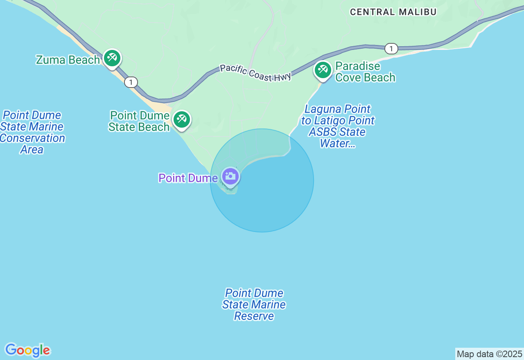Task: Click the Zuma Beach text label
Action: pos(68,60)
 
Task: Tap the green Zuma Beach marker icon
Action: pos(112,58)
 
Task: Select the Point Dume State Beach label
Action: pos(139,121)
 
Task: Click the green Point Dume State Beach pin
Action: pos(181,120)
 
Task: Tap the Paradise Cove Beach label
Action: pos(365,72)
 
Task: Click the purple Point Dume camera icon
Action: pos(230,177)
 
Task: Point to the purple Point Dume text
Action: pos(188,178)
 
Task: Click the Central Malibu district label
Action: pos(393,12)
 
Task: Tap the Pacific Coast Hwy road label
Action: pos(255,72)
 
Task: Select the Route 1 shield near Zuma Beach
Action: pos(131,82)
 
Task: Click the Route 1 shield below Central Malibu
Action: pos(391,49)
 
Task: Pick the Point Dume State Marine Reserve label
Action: pos(254,304)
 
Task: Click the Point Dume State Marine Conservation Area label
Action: pos(32,132)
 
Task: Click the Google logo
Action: pos(27,350)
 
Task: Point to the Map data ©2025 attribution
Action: pos(489,354)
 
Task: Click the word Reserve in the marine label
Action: pos(254,316)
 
